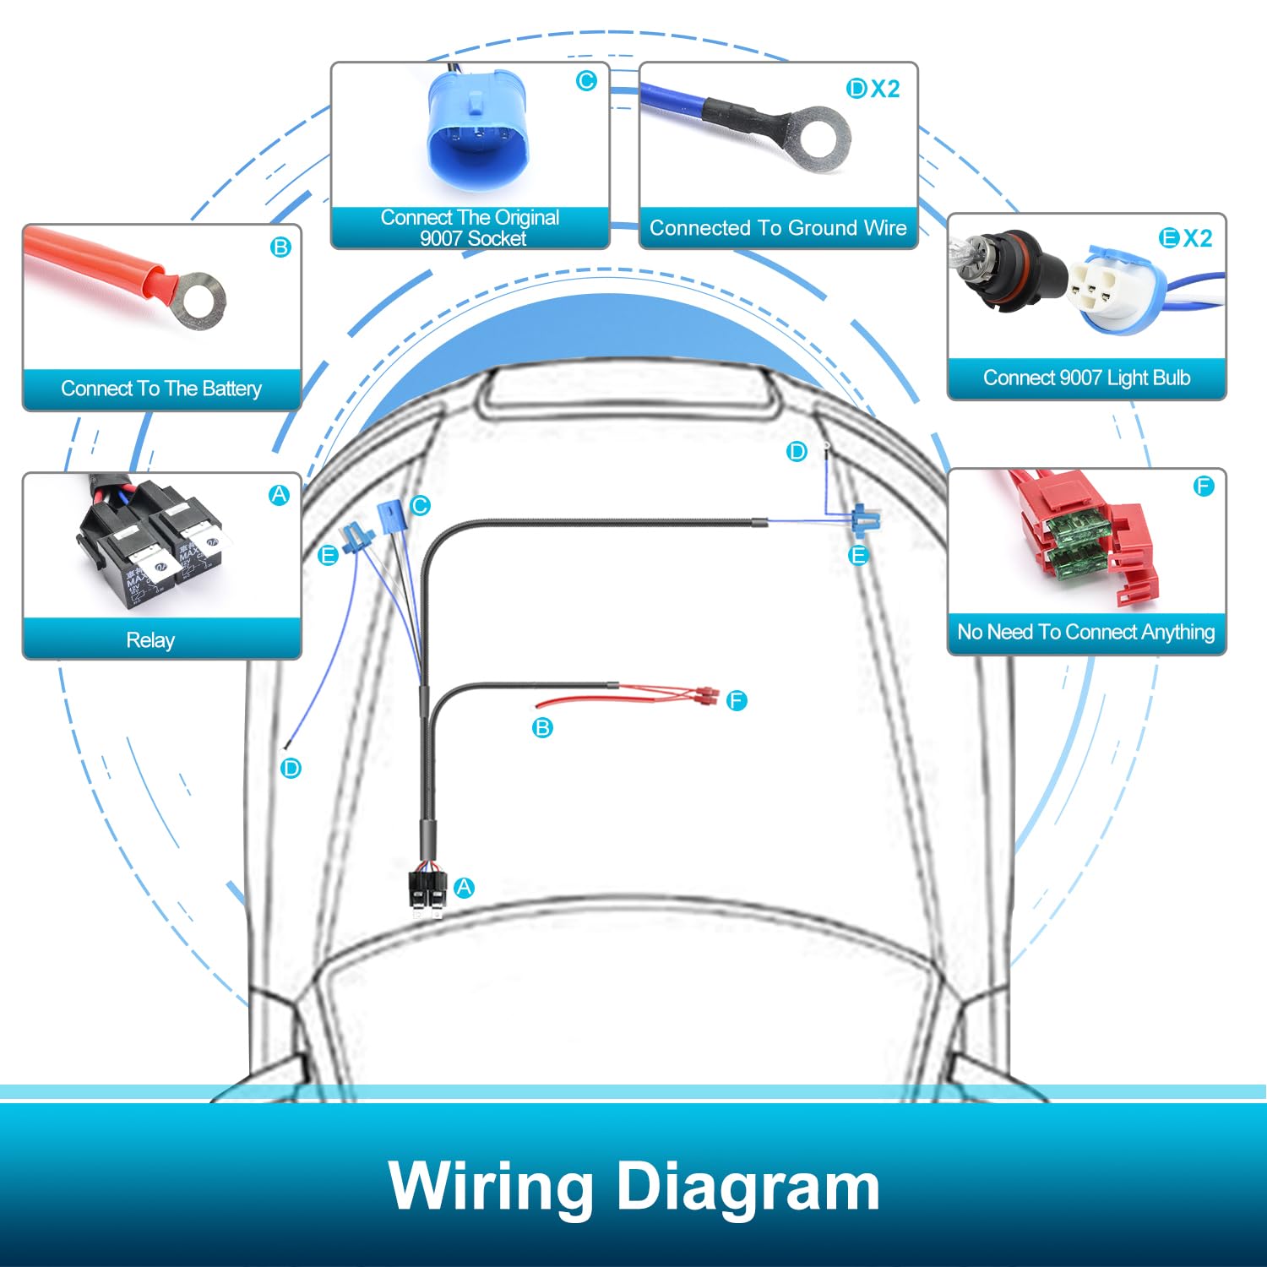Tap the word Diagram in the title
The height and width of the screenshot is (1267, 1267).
tap(748, 1188)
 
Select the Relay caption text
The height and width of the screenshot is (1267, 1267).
tap(150, 640)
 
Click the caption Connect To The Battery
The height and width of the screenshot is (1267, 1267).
tap(161, 389)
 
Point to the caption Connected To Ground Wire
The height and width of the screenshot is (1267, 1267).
tap(778, 228)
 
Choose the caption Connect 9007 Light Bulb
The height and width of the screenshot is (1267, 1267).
tap(1087, 378)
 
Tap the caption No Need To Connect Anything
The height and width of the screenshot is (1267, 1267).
tap(1086, 632)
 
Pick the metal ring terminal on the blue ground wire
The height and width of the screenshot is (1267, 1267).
tap(819, 136)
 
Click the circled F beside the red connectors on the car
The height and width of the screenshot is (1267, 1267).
tap(737, 700)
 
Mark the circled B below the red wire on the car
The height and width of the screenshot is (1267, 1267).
tap(542, 727)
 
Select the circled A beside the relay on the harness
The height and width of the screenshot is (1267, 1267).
tap(464, 888)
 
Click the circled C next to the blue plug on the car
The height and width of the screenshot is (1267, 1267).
tap(420, 506)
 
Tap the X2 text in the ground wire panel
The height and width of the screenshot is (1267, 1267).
tap(885, 89)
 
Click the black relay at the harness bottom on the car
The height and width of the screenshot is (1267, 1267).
tap(427, 889)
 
